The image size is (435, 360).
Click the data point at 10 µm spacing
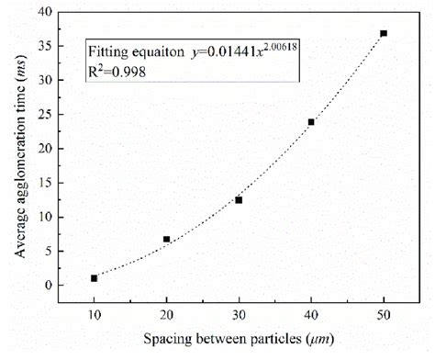click(94, 278)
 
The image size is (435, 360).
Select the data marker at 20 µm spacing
click(166, 240)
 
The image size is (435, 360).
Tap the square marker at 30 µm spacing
click(239, 200)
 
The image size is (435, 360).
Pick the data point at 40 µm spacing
click(311, 122)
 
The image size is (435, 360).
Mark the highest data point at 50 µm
click(384, 33)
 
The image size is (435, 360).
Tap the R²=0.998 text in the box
click(120, 68)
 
